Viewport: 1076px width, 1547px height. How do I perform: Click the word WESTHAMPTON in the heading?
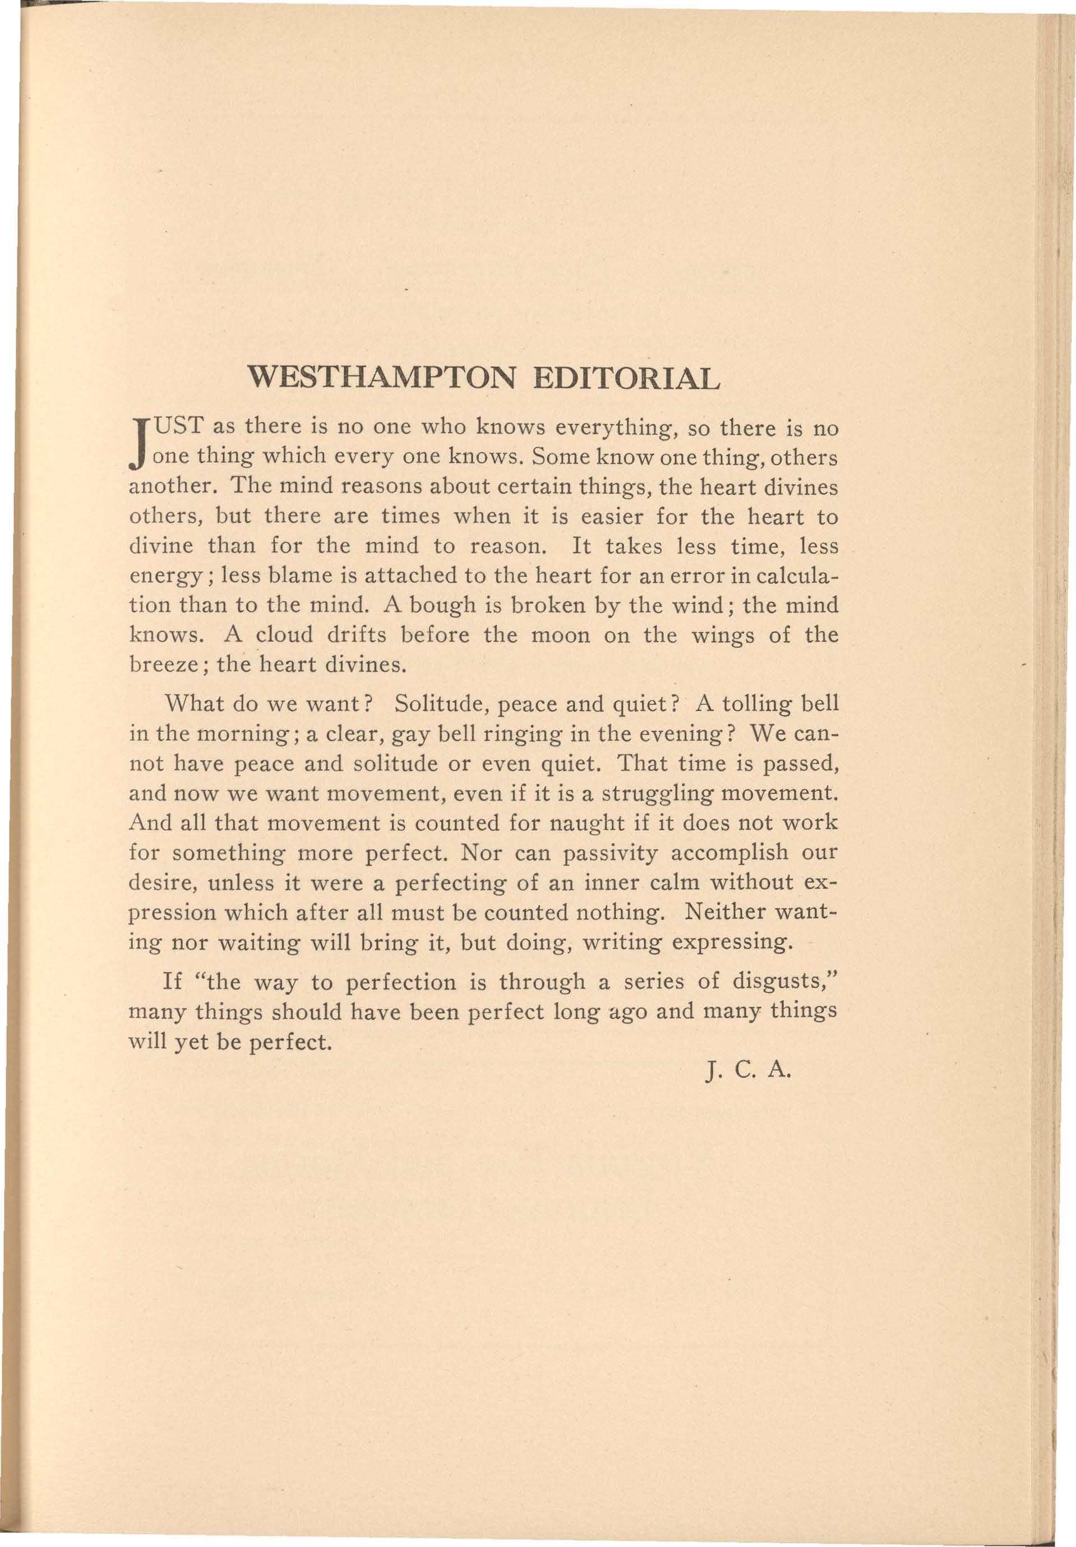click(x=381, y=378)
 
